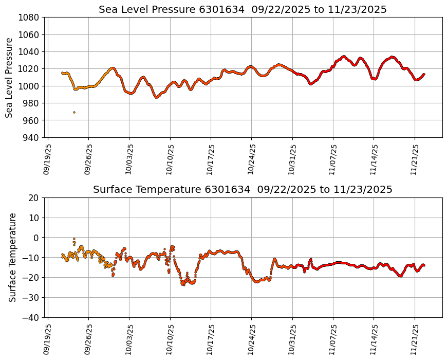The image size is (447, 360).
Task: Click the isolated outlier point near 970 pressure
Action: [74, 112]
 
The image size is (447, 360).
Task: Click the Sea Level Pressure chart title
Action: [243, 10]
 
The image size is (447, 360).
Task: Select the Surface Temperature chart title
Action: [243, 190]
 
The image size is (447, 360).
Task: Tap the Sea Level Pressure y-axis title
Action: [9, 77]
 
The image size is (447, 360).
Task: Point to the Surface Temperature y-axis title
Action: [13, 257]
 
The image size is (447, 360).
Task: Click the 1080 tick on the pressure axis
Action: [30, 17]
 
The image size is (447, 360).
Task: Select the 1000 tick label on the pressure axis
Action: [30, 86]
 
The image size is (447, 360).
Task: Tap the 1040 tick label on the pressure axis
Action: [30, 51]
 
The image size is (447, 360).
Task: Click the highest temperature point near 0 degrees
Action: [74, 239]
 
